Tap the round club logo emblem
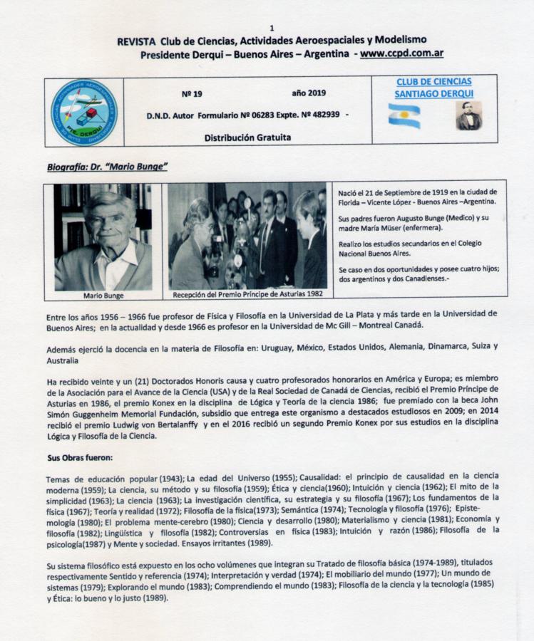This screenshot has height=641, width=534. click(84, 112)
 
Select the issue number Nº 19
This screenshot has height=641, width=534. click(192, 93)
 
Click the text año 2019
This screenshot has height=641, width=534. click(309, 93)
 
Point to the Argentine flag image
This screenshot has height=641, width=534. click(404, 115)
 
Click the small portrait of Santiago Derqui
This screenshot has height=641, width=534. click(468, 115)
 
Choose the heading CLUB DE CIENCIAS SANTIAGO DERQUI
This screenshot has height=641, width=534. click(433, 88)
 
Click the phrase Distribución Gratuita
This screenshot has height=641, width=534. click(247, 137)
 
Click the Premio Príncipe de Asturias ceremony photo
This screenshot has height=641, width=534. click(247, 235)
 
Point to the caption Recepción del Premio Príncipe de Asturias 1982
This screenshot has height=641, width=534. click(247, 293)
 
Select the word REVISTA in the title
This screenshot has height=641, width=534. click(138, 41)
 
